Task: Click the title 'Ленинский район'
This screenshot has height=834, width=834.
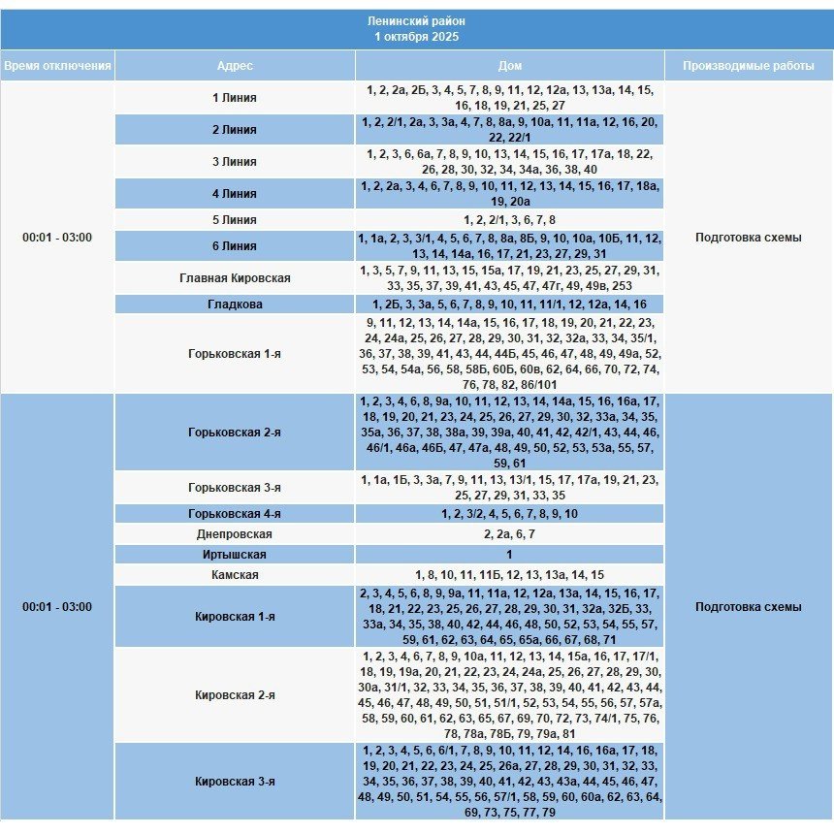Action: click(417, 20)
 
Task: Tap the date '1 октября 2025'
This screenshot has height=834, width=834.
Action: click(417, 37)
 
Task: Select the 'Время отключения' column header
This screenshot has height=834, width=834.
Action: click(57, 66)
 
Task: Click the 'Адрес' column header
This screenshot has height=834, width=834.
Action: click(235, 66)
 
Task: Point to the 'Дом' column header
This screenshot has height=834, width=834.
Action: click(509, 66)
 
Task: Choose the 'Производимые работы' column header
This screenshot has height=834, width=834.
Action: click(748, 66)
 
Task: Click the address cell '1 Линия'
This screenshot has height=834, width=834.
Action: click(235, 98)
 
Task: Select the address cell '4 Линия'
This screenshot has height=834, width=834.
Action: click(235, 194)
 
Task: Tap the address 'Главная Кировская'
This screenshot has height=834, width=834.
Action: click(235, 278)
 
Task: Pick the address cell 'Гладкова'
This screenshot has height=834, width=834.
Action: click(235, 305)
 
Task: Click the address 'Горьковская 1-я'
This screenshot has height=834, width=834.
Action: click(235, 354)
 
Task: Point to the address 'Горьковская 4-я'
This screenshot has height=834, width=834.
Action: click(235, 514)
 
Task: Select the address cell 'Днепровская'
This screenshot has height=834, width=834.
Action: click(235, 534)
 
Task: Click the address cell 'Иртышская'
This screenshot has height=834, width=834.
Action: click(235, 555)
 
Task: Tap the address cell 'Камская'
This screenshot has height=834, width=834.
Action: click(235, 575)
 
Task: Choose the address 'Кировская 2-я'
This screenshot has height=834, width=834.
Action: click(235, 695)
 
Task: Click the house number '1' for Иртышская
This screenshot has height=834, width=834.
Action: click(509, 555)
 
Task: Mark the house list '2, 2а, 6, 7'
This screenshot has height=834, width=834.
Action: click(509, 534)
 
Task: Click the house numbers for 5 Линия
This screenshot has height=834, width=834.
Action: click(509, 220)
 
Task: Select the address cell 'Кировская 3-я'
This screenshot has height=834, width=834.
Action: click(235, 781)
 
